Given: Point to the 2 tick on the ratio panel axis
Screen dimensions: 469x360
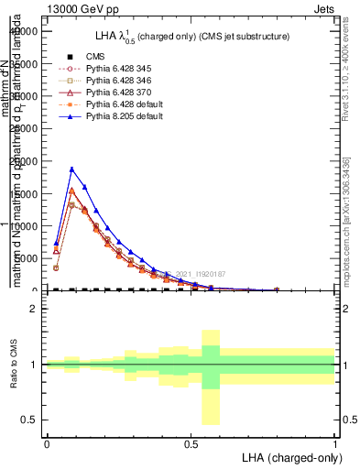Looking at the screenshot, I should pos(32,309).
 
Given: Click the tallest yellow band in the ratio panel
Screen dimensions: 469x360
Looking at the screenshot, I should pos(210,376).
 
